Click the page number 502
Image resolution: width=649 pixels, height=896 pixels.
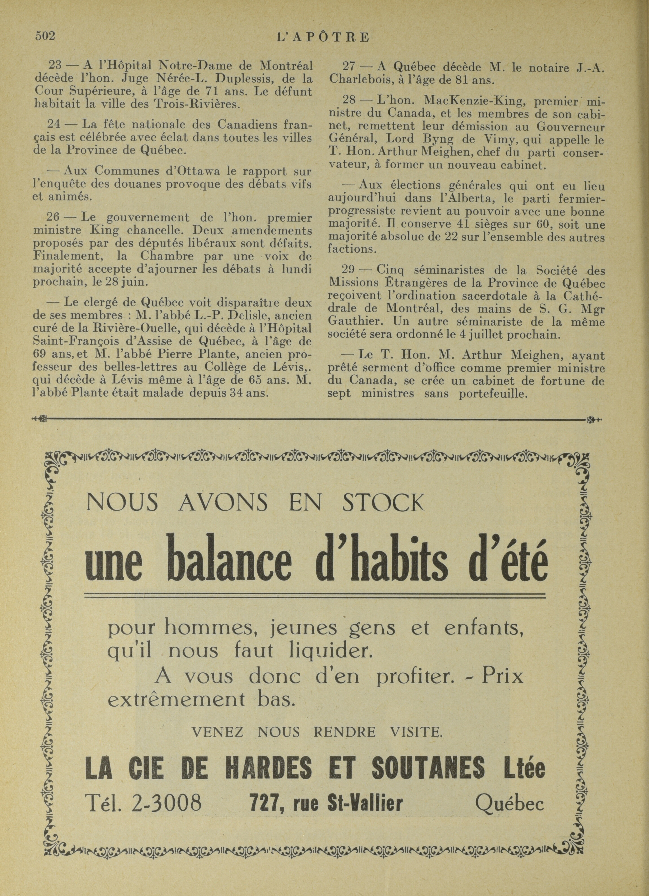click(x=45, y=36)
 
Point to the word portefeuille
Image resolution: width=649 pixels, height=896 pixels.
click(x=493, y=394)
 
